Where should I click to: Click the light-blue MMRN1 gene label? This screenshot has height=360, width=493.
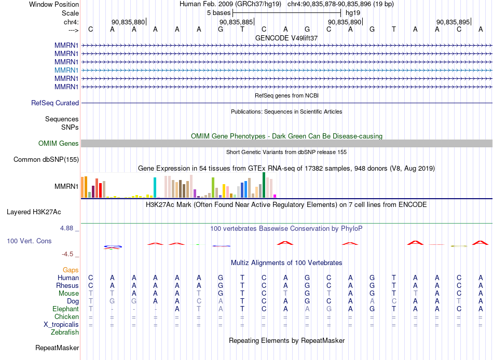pyautogui.click(x=66, y=70)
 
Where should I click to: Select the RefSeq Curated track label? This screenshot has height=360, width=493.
pyautogui.click(x=55, y=103)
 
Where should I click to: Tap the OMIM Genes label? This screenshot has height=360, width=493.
pyautogui.click(x=59, y=143)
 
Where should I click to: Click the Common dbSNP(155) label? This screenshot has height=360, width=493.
pyautogui.click(x=46, y=159)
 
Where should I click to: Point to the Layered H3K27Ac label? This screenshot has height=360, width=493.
pyautogui.click(x=34, y=212)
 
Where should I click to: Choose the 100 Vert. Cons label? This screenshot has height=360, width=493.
pyautogui.click(x=29, y=241)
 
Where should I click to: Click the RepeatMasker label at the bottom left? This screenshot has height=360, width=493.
pyautogui.click(x=57, y=348)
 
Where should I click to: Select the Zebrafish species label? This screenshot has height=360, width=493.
pyautogui.click(x=65, y=332)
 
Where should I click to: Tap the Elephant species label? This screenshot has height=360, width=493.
pyautogui.click(x=66, y=309)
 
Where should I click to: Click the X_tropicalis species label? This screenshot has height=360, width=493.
pyautogui.click(x=61, y=325)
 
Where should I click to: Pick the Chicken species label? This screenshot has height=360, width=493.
pyautogui.click(x=66, y=316)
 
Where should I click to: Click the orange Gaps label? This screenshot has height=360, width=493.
pyautogui.click(x=71, y=270)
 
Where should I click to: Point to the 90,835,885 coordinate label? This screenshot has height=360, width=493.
pyautogui.click(x=236, y=22)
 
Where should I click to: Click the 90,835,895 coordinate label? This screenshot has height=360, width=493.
pyautogui.click(x=453, y=22)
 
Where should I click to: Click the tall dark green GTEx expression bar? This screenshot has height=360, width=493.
pyautogui.click(x=264, y=185)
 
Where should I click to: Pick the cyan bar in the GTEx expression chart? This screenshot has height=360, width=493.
pyautogui.click(x=155, y=187)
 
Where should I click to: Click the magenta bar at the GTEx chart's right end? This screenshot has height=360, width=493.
pyautogui.click(x=275, y=196)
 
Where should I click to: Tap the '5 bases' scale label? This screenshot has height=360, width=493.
pyautogui.click(x=218, y=13)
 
